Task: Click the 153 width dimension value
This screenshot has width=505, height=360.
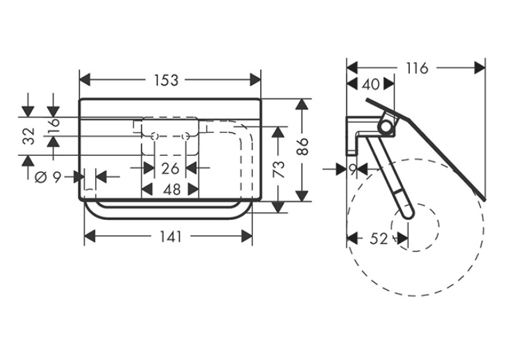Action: (x=166, y=80)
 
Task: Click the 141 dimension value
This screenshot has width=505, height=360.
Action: (x=171, y=237)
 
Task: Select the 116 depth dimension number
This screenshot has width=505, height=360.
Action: (x=417, y=68)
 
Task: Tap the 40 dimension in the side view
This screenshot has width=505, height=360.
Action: (x=371, y=85)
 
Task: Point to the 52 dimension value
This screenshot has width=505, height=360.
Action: (x=379, y=239)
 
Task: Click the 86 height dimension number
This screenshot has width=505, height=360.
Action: (x=303, y=147)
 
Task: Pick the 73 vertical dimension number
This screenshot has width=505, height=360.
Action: (x=279, y=169)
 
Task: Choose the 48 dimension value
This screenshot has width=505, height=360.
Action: (x=172, y=190)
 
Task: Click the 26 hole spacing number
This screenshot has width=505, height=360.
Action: (x=170, y=168)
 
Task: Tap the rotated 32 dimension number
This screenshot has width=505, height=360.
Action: (x=28, y=135)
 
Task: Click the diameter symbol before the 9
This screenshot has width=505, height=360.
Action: (x=40, y=177)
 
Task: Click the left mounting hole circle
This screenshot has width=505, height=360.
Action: (x=154, y=136)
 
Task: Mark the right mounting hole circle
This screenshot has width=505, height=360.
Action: (x=185, y=136)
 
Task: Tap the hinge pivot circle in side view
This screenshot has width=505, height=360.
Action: (x=386, y=126)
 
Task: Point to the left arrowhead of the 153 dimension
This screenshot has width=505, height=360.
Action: (x=84, y=80)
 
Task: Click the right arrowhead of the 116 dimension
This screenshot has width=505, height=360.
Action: (x=480, y=68)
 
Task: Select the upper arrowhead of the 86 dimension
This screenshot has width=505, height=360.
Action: (x=301, y=104)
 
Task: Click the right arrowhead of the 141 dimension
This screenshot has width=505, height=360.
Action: (x=247, y=236)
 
